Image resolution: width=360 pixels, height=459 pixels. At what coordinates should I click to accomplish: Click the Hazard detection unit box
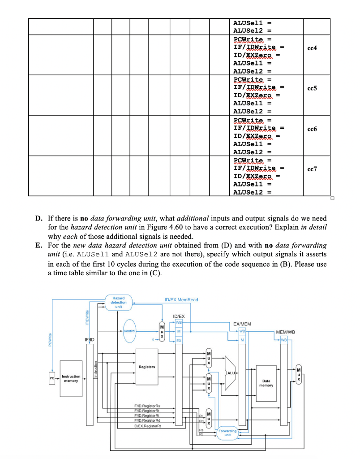(119, 302)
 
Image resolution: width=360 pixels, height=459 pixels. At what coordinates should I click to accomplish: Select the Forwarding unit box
(227, 433)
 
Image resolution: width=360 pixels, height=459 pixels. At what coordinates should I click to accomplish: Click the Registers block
(147, 367)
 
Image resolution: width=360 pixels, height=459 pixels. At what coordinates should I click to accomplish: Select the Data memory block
(266, 383)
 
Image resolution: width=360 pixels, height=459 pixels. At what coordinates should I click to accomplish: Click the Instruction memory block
(71, 379)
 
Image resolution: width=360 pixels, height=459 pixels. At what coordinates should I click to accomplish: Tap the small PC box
(51, 379)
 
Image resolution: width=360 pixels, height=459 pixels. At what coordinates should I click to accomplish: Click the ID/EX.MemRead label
(180, 299)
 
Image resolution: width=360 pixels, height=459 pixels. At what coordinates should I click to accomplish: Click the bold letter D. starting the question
(39, 219)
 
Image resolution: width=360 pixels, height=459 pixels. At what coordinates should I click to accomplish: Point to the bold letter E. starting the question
(39, 246)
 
